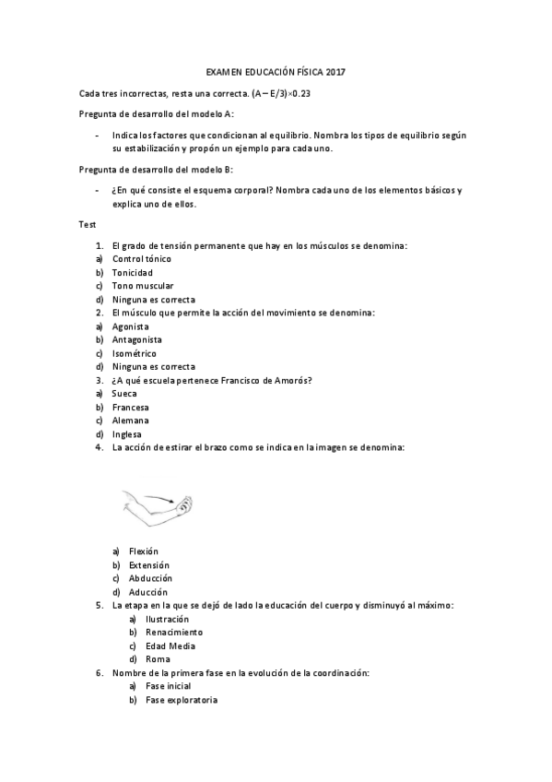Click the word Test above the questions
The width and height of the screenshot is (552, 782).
(88, 223)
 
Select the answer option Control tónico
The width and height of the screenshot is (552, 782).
(141, 259)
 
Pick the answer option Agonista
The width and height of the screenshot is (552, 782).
(130, 326)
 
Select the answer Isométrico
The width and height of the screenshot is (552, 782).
(134, 353)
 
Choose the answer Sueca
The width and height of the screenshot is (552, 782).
(124, 394)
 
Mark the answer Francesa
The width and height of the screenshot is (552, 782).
(130, 407)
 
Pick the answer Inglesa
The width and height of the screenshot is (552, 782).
(127, 433)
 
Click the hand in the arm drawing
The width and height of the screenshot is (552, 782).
(185, 504)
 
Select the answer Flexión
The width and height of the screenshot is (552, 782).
(144, 551)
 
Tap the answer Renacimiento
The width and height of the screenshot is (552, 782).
(174, 633)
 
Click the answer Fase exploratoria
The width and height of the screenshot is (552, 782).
(182, 700)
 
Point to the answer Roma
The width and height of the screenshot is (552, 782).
(158, 659)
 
